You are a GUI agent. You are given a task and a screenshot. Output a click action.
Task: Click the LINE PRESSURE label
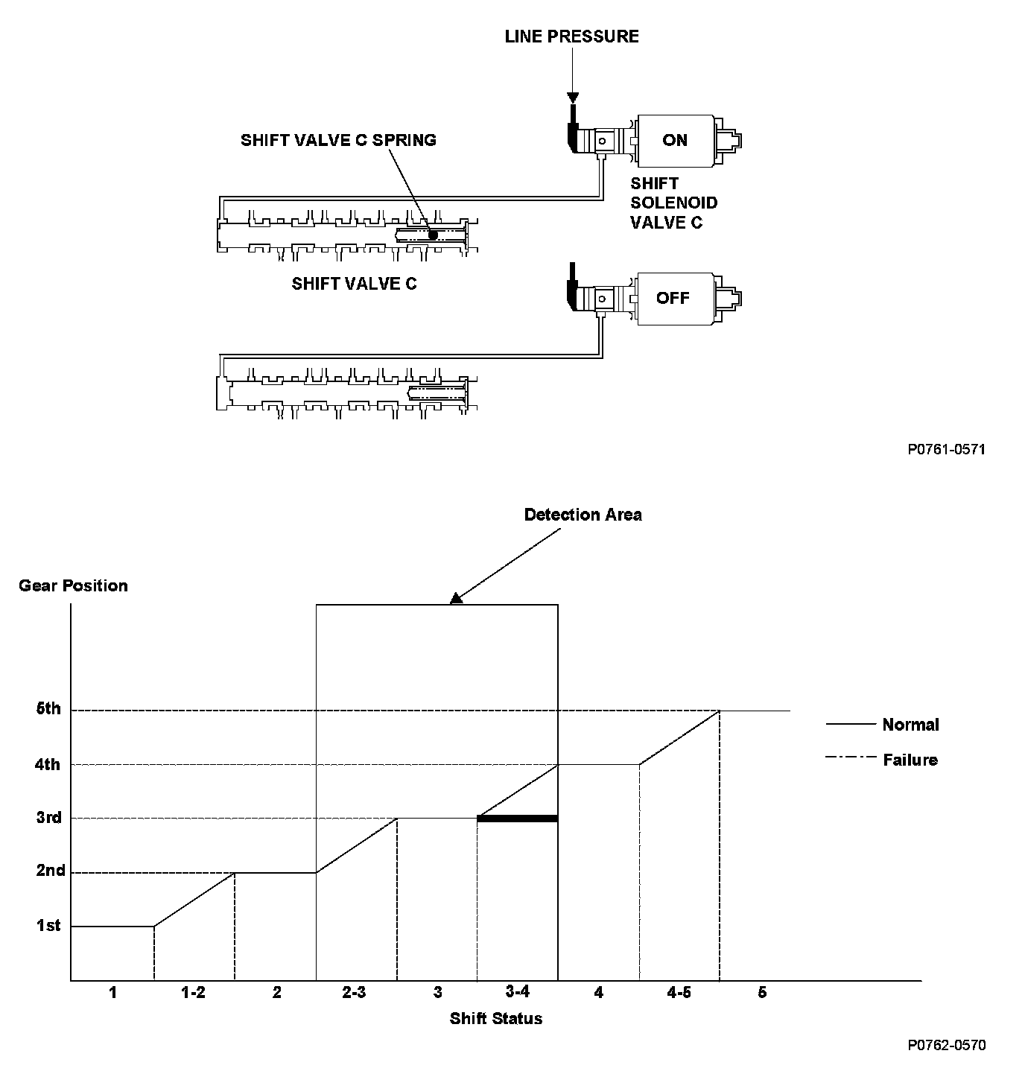point(571,36)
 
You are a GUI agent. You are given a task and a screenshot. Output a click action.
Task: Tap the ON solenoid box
point(675,140)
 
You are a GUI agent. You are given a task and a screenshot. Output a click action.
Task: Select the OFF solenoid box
point(673,298)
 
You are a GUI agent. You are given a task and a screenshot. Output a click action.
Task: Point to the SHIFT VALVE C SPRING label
point(338,140)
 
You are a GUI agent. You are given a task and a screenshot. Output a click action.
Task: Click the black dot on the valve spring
point(433,235)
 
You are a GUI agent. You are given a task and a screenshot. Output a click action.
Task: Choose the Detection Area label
point(583,515)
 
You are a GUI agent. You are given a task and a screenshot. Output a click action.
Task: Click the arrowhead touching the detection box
point(457,597)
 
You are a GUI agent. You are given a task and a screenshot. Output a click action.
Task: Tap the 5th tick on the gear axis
point(49,709)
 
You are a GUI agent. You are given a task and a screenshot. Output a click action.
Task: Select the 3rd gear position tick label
point(49,818)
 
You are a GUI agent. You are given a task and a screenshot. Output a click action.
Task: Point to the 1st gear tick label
point(49,926)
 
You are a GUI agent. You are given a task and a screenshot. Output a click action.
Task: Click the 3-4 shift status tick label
point(517,992)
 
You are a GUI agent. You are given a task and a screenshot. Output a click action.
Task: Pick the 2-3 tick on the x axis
point(355,992)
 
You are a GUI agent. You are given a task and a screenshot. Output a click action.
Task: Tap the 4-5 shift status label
point(679,992)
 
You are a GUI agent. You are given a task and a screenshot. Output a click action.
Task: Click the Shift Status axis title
point(496,1018)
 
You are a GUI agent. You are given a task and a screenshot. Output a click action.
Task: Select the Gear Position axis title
point(73,586)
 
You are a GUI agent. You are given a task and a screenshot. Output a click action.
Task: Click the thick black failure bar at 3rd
point(517,819)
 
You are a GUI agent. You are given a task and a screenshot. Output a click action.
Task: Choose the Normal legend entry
point(910,725)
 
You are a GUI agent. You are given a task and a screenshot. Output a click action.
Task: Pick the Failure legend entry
point(910,760)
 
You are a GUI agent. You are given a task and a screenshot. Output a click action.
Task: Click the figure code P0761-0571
point(946,449)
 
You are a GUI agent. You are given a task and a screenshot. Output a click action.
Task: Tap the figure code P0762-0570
point(946,1045)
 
